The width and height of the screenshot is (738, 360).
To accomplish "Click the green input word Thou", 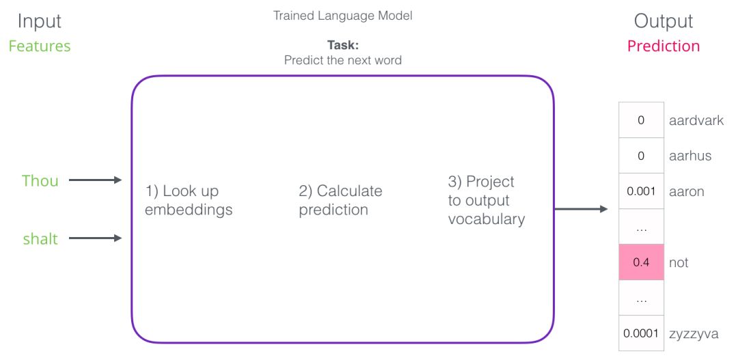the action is pos(40,180).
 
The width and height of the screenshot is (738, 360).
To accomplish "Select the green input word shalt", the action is pos(40,238).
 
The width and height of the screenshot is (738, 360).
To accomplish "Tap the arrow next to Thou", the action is pos(96,180).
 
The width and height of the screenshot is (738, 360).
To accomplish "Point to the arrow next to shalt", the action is pos(96,238).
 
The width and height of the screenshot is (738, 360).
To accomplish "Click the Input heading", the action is pos(40,22).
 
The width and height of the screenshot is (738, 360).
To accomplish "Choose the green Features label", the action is pos(40,46).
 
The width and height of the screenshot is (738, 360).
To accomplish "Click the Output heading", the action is pos(663,22).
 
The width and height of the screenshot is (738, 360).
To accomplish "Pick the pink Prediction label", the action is pos(664,46).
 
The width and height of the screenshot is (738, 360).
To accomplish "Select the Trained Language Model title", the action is pos(342,16).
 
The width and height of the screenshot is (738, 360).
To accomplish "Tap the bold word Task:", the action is pos(342,46).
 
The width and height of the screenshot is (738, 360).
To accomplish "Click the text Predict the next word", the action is pos(342,60).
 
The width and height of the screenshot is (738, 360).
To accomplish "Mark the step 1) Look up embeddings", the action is pos(189,200).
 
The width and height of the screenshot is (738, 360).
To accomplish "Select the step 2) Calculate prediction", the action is pos(340,200).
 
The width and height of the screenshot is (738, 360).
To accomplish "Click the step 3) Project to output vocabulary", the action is pos(487,200).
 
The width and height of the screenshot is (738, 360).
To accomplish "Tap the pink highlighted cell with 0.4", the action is pos(641,262).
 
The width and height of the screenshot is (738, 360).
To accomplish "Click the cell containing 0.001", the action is pos(641,191).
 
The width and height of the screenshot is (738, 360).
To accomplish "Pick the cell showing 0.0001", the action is pos(641,333).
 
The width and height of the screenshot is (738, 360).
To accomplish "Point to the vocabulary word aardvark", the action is pos(696,120).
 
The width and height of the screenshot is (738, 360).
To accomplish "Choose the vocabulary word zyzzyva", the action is pos(694,334).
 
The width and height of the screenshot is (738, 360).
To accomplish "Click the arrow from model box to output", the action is pos(582,209).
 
